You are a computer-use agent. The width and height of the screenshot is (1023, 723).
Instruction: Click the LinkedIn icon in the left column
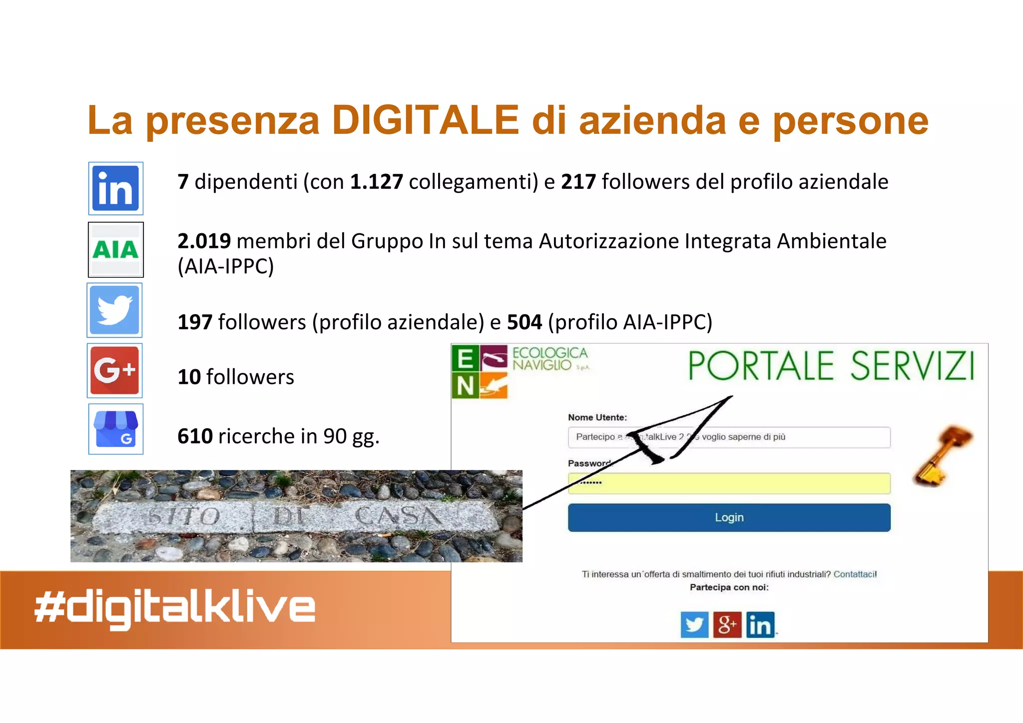(x=116, y=188)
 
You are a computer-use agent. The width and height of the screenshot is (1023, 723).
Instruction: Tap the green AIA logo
(x=116, y=249)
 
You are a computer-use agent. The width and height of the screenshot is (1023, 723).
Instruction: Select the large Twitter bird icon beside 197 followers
(x=115, y=310)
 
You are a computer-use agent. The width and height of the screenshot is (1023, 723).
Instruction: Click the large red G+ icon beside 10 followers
(x=115, y=370)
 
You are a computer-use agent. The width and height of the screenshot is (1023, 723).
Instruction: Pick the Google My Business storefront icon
(x=116, y=429)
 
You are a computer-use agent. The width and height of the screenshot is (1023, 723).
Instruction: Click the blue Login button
(x=729, y=518)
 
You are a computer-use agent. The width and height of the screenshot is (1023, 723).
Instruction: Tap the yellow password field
(x=729, y=483)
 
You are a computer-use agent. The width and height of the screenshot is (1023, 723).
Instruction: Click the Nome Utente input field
(x=729, y=437)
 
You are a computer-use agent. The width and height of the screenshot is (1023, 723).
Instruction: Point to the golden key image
(x=943, y=455)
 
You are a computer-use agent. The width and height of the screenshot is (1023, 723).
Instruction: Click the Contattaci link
(x=855, y=574)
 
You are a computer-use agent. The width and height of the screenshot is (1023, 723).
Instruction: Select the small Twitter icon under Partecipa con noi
(x=694, y=625)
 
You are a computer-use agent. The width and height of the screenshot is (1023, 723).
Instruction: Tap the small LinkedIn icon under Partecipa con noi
(x=760, y=625)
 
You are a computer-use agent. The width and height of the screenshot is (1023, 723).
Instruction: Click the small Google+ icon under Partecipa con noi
(x=727, y=625)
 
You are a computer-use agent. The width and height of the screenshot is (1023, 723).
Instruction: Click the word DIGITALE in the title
(x=426, y=120)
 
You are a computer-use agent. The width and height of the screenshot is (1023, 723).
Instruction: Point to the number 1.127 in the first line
(x=376, y=182)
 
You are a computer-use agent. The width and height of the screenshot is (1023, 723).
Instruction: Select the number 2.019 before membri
(x=204, y=241)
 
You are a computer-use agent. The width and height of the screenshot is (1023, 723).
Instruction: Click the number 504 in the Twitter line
(x=524, y=322)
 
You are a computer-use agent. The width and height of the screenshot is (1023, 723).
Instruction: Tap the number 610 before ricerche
(x=195, y=436)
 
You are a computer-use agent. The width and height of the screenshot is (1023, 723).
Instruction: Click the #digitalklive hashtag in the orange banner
(x=175, y=608)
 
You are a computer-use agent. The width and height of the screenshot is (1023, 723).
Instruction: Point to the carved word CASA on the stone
(x=399, y=516)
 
